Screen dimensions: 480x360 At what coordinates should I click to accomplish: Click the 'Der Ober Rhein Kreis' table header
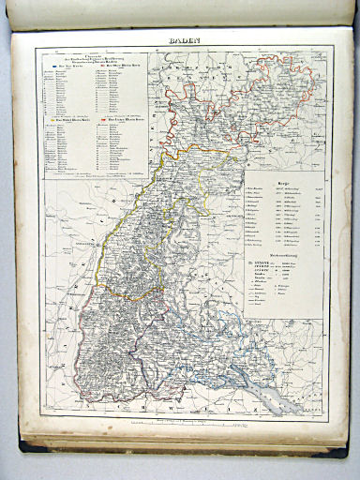click(122, 67)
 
